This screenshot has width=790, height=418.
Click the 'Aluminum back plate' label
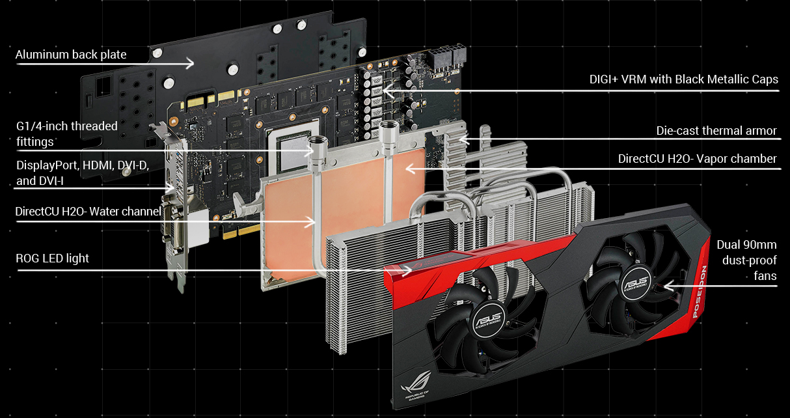click(x=71, y=55)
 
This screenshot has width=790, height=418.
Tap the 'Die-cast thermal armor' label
click(x=716, y=131)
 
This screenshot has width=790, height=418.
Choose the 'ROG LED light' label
click(x=52, y=258)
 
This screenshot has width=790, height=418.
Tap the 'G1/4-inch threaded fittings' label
click(x=66, y=133)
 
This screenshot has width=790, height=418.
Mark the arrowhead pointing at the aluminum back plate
click(x=191, y=63)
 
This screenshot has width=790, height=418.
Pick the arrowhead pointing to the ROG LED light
click(x=407, y=270)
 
